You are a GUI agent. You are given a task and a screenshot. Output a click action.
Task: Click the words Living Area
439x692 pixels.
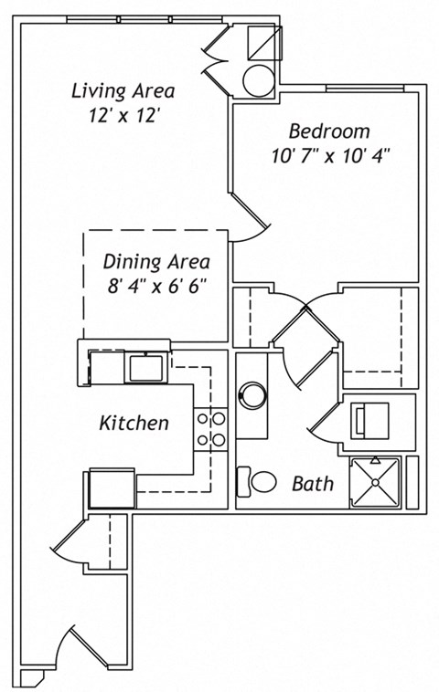click(123, 91)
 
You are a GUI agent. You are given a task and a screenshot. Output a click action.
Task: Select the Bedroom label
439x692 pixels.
click(329, 131)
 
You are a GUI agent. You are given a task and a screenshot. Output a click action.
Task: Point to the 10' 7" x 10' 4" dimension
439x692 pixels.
click(330, 154)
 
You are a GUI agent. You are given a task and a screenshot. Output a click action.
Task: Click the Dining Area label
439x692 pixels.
click(156, 262)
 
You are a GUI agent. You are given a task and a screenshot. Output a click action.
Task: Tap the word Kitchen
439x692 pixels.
click(134, 424)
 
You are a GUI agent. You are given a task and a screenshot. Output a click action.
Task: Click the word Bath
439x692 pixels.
click(313, 484)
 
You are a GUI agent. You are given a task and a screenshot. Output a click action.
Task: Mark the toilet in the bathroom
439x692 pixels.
click(259, 481)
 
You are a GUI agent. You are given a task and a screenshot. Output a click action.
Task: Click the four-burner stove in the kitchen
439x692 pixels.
click(210, 430)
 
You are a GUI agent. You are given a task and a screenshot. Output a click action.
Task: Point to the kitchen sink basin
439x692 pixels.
click(145, 368)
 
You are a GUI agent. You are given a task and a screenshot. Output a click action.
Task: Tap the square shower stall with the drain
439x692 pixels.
click(375, 481)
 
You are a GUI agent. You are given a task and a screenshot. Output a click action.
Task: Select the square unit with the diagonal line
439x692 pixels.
click(265, 42)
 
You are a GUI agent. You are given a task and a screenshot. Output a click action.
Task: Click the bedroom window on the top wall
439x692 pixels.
click(366, 89)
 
